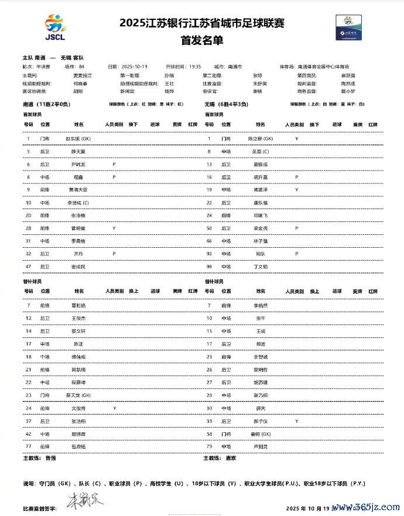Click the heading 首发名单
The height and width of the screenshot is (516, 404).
tap(201, 41)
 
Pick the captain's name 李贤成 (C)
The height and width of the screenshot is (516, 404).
tap(79, 203)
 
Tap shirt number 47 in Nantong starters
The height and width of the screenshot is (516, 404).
tap(28, 266)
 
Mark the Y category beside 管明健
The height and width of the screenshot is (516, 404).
tap(114, 228)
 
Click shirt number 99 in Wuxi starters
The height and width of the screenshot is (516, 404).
tap(209, 266)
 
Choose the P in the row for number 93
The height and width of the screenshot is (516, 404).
tap(297, 254)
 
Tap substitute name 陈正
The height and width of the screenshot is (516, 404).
tap(78, 344)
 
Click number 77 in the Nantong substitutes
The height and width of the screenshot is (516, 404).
tap(28, 446)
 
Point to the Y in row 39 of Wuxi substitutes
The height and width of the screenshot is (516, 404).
tap(297, 421)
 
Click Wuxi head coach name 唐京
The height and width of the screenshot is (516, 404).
tap(231, 459)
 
